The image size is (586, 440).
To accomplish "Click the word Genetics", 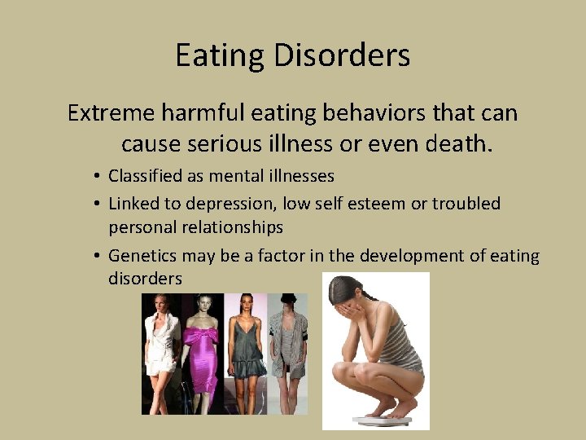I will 142,256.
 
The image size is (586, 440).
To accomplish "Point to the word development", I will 410,256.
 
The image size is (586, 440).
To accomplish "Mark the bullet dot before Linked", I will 96,204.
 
